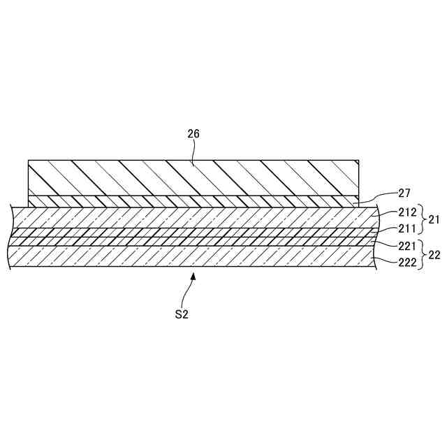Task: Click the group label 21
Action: (434, 219)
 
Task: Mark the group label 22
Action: (434, 255)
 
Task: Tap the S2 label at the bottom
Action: (182, 315)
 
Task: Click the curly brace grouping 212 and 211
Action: (420, 219)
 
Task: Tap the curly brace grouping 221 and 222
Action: (420, 255)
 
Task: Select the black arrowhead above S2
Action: (193, 277)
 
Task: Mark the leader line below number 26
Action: (196, 152)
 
